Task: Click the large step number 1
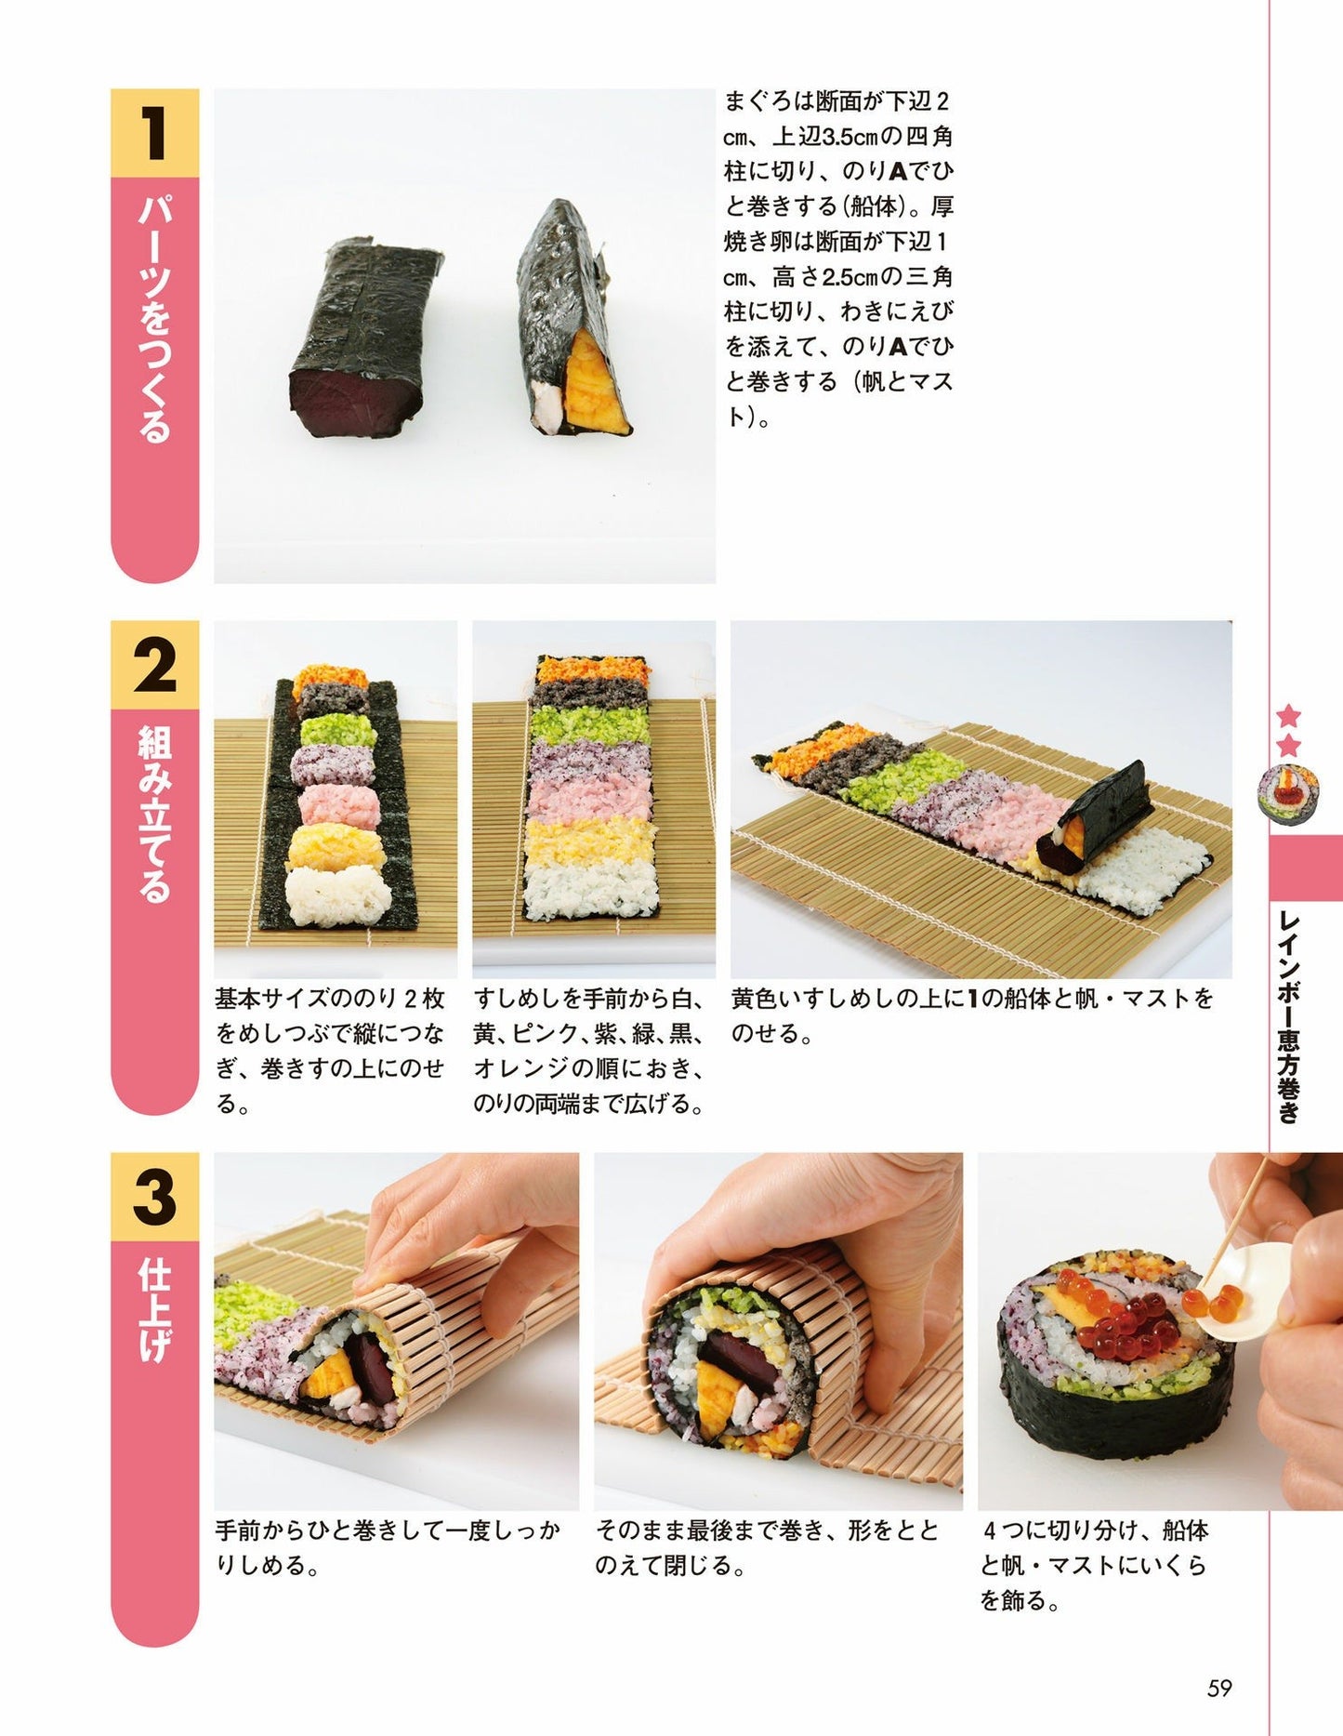click(x=154, y=133)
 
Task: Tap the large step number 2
click(x=154, y=666)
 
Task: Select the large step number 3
click(x=154, y=1198)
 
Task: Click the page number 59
click(x=1218, y=1688)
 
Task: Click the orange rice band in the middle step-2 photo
click(x=591, y=668)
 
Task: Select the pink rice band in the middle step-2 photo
click(x=591, y=797)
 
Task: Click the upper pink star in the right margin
click(x=1288, y=715)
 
